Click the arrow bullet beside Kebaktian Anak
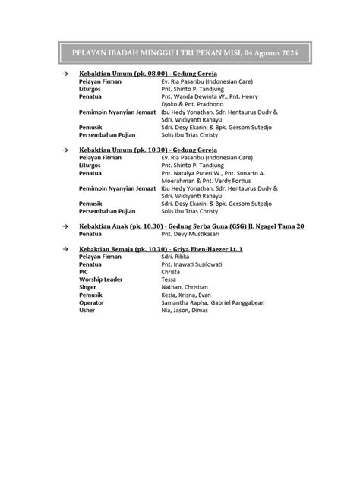coord(66,226)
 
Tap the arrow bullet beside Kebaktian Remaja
coord(66,250)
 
